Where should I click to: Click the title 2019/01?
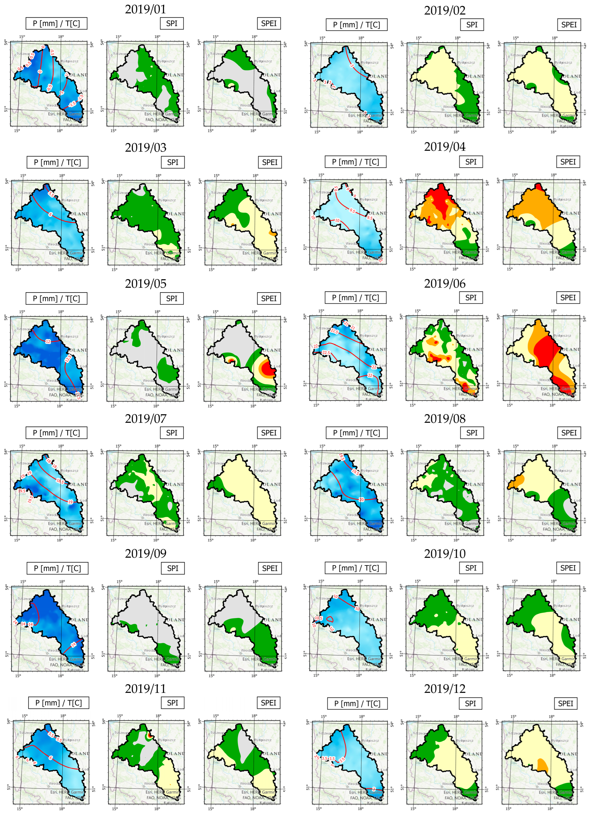click(145, 9)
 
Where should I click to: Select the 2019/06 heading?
click(444, 283)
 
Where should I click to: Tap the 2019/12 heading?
click(444, 689)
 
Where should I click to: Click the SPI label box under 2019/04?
click(471, 162)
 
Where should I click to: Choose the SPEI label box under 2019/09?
click(270, 568)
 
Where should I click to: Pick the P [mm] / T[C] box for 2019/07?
click(56, 433)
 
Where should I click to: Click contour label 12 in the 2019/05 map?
click(48, 341)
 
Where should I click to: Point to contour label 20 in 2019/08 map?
click(361, 499)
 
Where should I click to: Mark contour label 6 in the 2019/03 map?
click(50, 214)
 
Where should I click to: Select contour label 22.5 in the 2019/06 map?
click(326, 353)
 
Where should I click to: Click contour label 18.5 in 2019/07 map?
click(60, 481)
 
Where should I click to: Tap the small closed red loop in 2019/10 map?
click(330, 619)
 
